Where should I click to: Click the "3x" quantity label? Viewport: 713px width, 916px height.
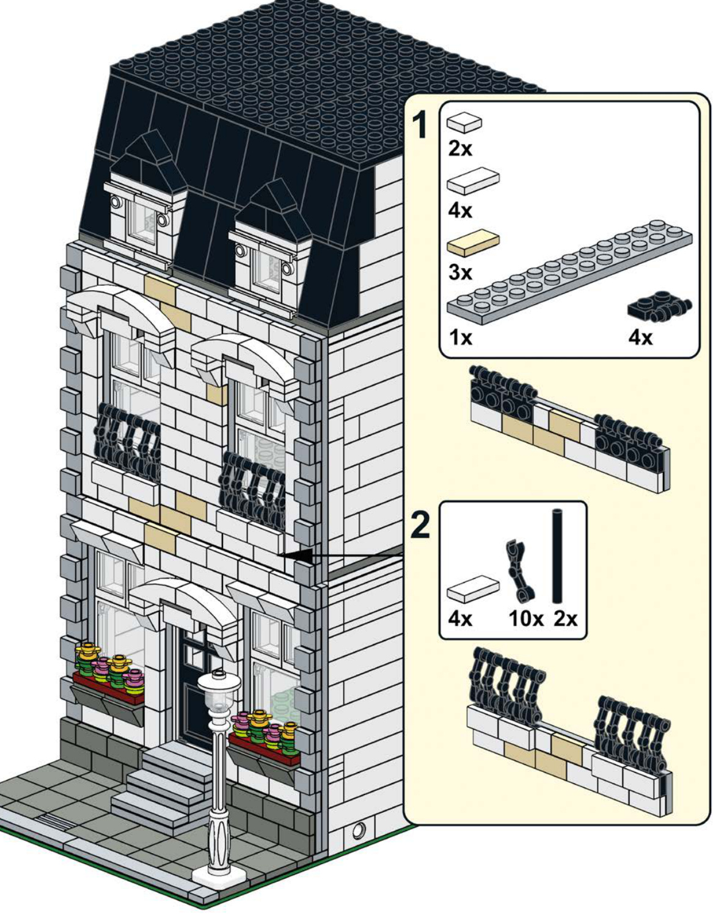pyautogui.click(x=461, y=273)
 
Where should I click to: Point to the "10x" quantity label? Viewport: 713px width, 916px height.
pyautogui.click(x=526, y=619)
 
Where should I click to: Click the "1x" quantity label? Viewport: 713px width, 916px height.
pyautogui.click(x=461, y=338)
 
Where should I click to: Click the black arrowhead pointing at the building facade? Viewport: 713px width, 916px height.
pyautogui.click(x=299, y=555)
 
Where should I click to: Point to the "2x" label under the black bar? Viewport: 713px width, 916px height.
pyautogui.click(x=565, y=619)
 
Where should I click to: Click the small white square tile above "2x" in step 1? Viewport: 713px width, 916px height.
pyautogui.click(x=464, y=122)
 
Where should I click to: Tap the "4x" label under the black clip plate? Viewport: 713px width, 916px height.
pyautogui.click(x=640, y=338)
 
